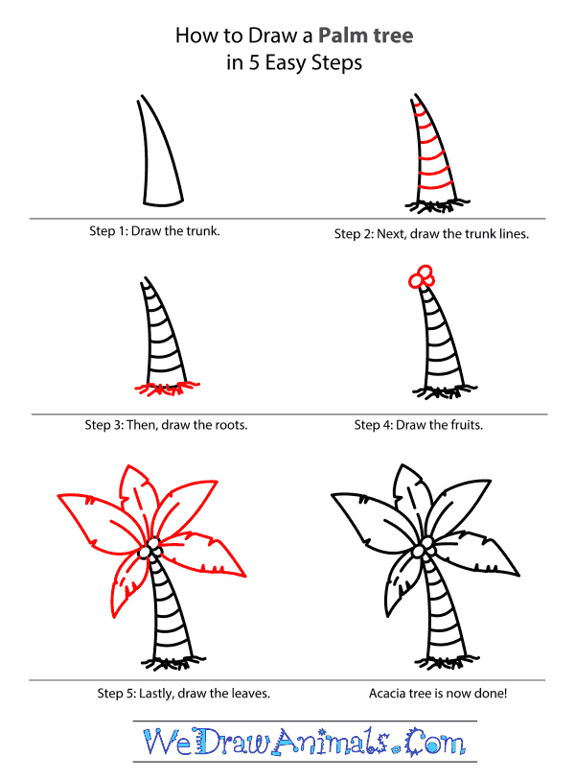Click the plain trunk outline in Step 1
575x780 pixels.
tap(159, 158)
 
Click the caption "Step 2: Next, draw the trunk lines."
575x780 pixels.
tap(431, 233)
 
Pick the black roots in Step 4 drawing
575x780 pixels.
tap(435, 390)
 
